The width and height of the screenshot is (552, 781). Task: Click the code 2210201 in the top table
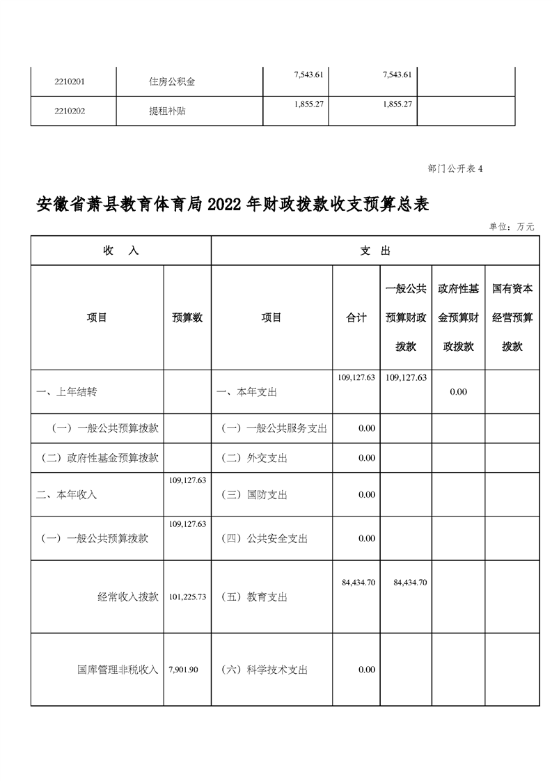pos(70,81)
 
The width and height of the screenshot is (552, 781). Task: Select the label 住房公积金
pos(172,81)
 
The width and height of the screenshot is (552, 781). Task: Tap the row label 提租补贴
pos(167,110)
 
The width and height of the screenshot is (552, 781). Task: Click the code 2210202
pos(70,110)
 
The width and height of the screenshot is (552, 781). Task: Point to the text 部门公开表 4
pos(455,168)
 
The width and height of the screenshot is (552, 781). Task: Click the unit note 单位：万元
pos(512,227)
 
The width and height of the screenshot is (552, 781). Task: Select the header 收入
pos(120,251)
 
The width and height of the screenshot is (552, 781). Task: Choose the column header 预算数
pos(187,317)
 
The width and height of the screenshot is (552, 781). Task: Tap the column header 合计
pos(356,317)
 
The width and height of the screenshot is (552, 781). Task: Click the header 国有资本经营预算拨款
pos(512,317)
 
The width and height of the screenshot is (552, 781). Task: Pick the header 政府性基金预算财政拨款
pos(458,317)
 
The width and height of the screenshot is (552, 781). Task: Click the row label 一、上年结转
pos(67,392)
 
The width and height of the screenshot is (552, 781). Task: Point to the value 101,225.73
pos(187,597)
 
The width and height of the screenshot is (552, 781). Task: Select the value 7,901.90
pos(184,670)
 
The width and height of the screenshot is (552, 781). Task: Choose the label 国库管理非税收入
pos(118,670)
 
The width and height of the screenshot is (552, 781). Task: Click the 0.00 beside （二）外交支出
pos(367,458)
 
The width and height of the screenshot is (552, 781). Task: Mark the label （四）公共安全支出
pos(264,538)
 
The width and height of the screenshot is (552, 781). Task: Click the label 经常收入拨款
pos(128,597)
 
